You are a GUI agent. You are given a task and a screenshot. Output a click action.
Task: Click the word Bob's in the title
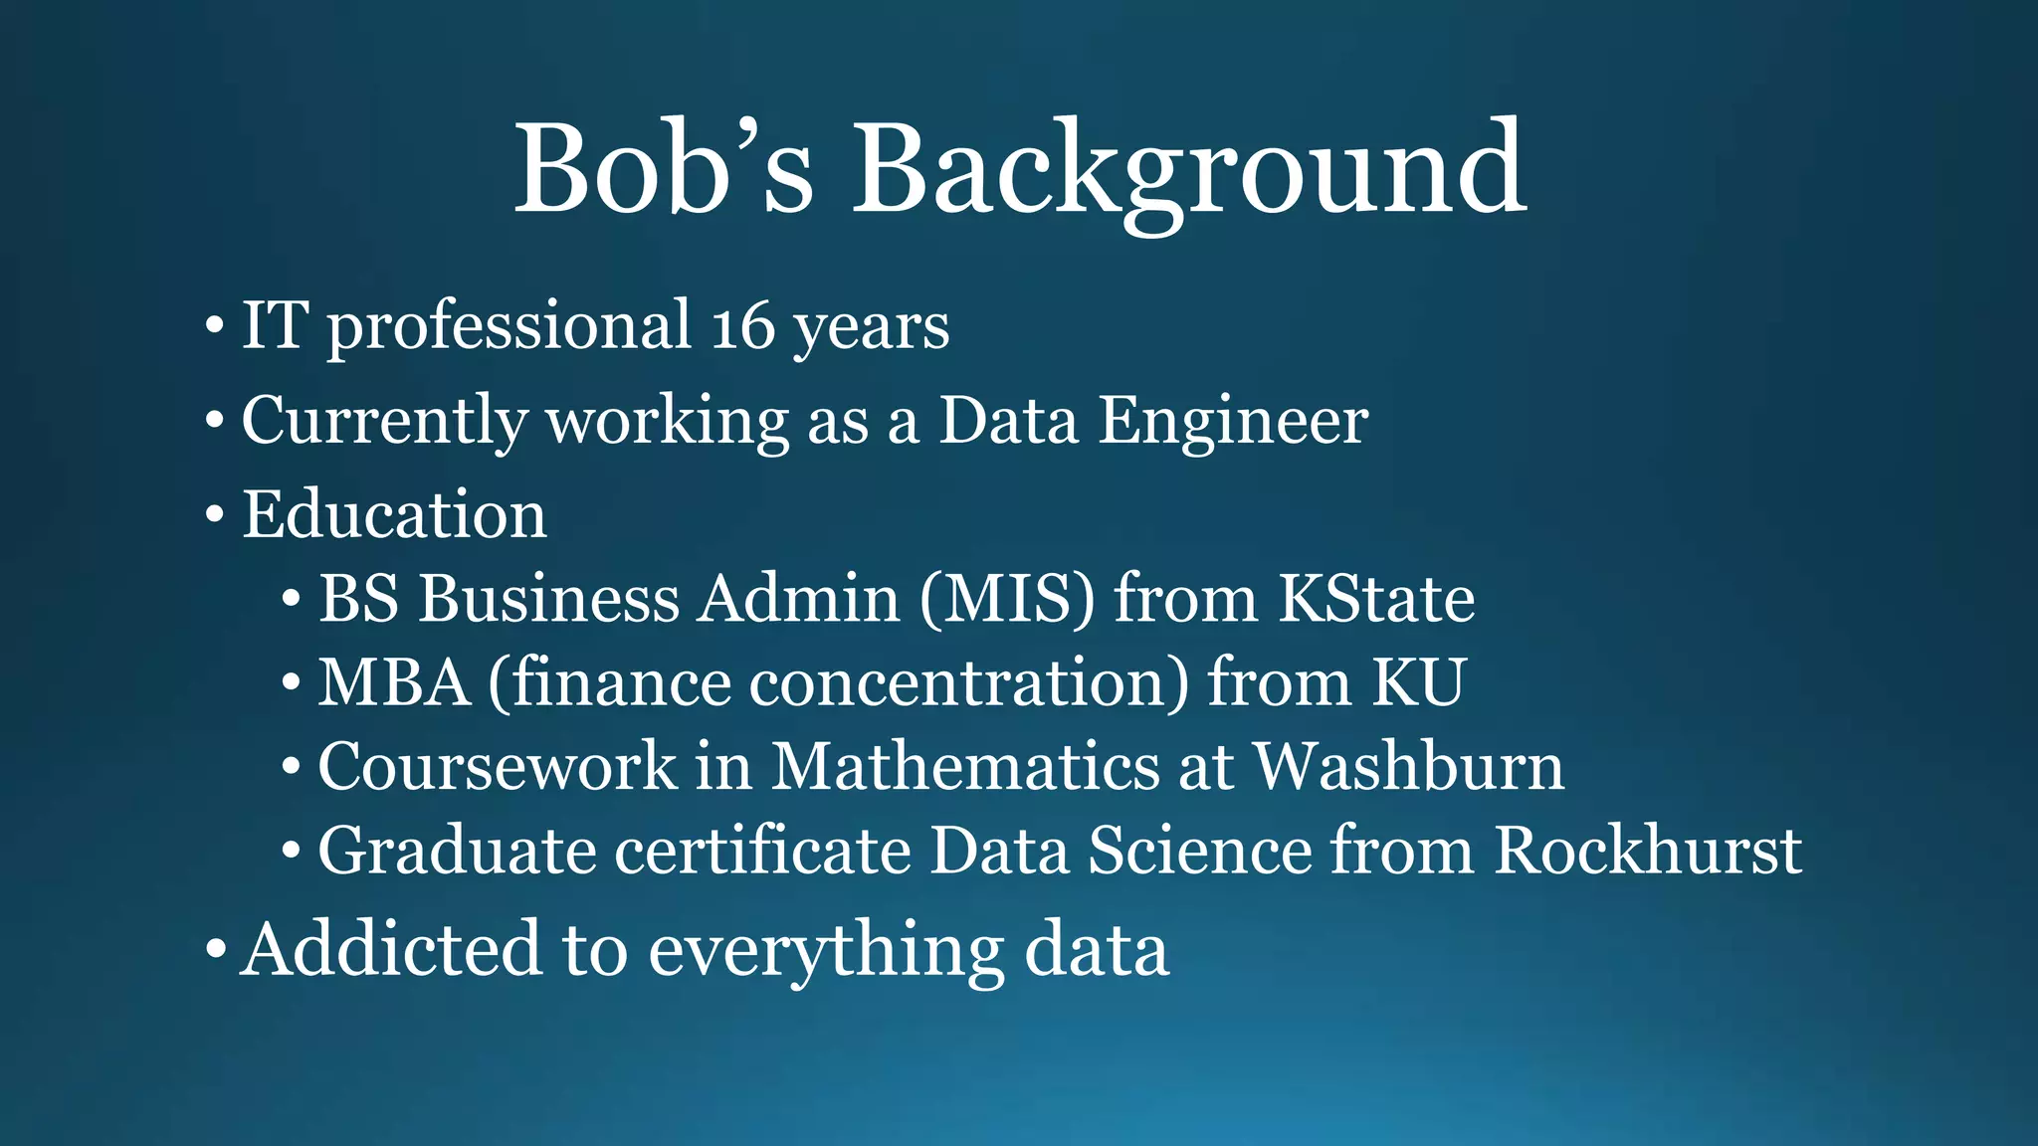click(x=664, y=169)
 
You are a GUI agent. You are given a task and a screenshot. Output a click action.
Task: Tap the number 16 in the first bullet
click(x=742, y=326)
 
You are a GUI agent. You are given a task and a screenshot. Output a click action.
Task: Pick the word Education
click(x=394, y=515)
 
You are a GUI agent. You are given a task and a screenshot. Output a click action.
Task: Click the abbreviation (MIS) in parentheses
click(x=1007, y=600)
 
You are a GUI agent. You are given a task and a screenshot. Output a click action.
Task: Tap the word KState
click(x=1376, y=600)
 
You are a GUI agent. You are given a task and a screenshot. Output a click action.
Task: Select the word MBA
click(x=394, y=683)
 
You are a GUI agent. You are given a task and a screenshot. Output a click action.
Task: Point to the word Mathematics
click(x=965, y=767)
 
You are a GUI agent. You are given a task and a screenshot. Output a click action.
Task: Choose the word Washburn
click(x=1408, y=767)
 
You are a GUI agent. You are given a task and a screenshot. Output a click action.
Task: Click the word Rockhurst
click(x=1648, y=852)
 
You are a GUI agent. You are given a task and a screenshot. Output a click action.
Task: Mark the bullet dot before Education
click(x=214, y=516)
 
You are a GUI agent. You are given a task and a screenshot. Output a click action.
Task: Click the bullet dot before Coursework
click(x=291, y=768)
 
